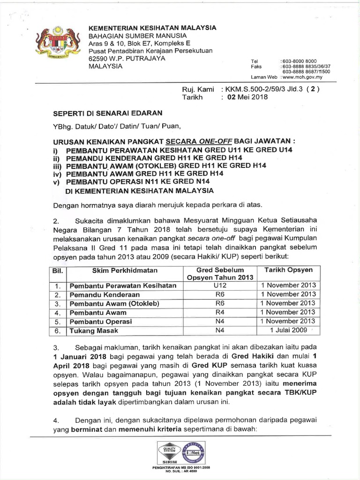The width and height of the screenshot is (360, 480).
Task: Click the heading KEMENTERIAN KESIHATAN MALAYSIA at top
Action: pyautogui.click(x=152, y=28)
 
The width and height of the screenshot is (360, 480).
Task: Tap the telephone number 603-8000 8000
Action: pyautogui.click(x=299, y=61)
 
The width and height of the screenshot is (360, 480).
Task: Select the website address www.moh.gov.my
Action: pyautogui.click(x=306, y=77)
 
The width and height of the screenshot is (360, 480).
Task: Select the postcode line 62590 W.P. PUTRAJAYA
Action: pyautogui.click(x=127, y=59)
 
